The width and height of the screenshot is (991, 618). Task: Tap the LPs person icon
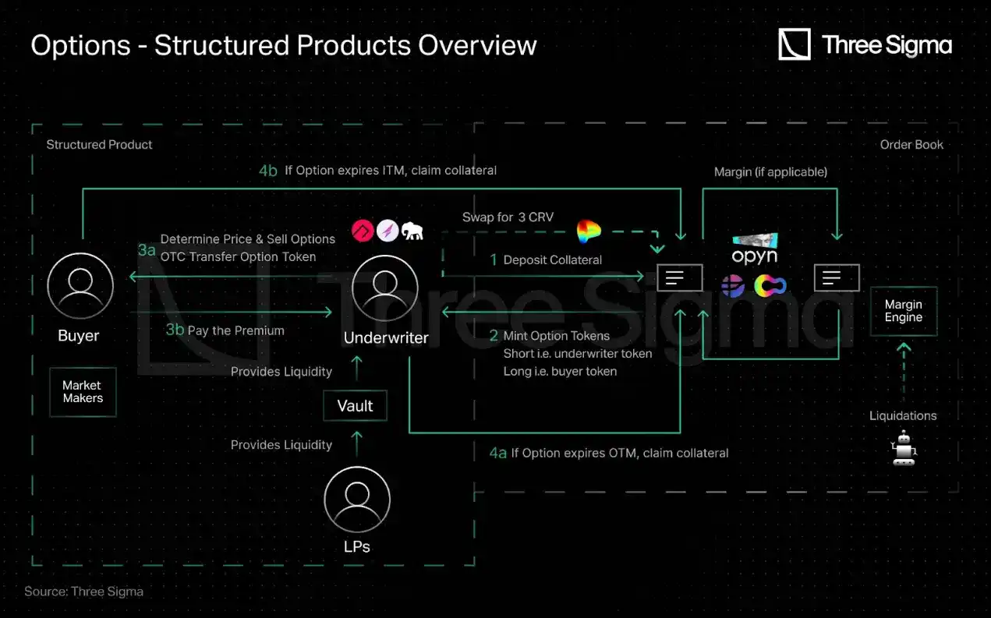click(356, 499)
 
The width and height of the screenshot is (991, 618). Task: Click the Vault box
click(355, 406)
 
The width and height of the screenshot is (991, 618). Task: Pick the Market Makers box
click(83, 392)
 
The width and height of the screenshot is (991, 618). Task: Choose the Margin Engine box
click(903, 311)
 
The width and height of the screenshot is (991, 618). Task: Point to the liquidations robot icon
click(904, 449)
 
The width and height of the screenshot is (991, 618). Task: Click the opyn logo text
click(754, 256)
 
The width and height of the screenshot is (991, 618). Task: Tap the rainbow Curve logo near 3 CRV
click(589, 231)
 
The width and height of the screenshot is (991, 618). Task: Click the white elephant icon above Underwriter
click(412, 231)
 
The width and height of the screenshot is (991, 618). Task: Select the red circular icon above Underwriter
click(363, 231)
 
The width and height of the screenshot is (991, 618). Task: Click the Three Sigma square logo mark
click(795, 44)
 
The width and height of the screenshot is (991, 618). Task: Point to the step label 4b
click(267, 170)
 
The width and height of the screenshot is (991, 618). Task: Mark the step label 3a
click(147, 249)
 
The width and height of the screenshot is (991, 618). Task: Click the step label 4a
click(497, 452)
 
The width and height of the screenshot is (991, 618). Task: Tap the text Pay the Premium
click(235, 330)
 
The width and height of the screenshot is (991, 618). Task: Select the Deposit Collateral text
click(552, 260)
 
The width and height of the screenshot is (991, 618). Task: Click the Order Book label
click(911, 144)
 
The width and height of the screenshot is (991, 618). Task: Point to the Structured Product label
click(99, 144)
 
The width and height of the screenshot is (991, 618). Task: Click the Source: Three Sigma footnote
click(83, 592)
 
